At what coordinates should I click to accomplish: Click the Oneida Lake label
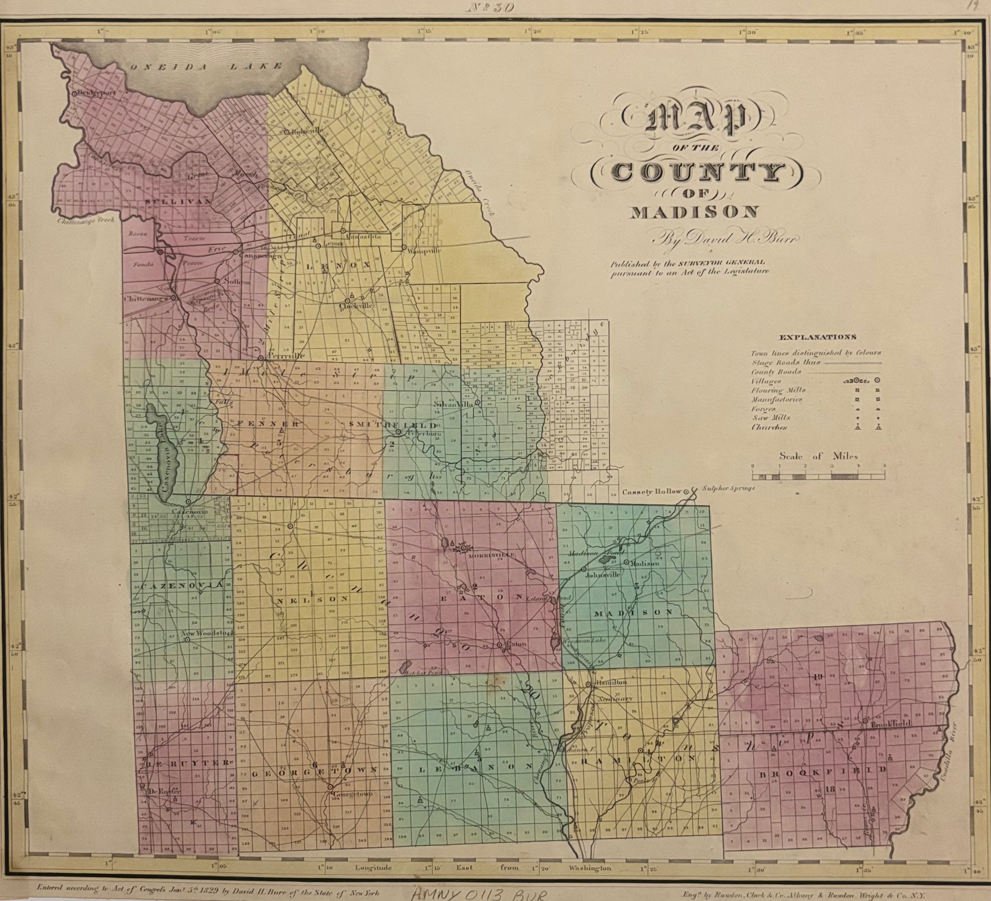(206, 67)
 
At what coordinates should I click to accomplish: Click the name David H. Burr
(725, 240)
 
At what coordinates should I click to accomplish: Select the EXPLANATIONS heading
(817, 337)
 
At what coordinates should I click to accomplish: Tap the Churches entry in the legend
(769, 428)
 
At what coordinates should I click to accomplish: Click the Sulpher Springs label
(728, 489)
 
